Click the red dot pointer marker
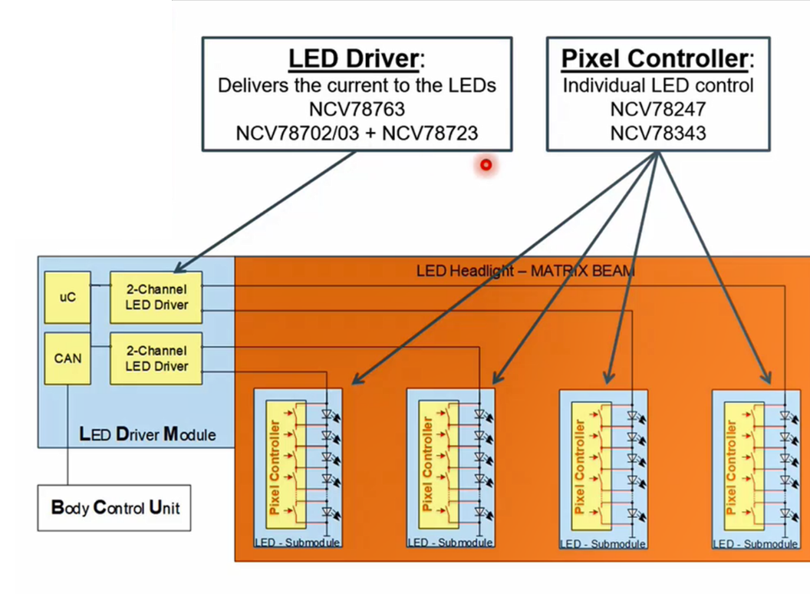pos(486,164)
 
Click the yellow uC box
pos(67,297)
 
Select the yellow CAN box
pos(67,358)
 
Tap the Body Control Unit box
pos(114,507)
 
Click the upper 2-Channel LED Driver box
pos(156,297)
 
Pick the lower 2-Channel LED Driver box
pos(156,358)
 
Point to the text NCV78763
pos(356,109)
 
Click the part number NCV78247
pos(657,109)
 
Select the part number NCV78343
pos(657,133)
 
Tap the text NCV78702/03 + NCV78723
pos(356,133)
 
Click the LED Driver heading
pos(352,59)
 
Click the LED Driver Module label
pos(147,434)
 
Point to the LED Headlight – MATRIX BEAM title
pos(525,270)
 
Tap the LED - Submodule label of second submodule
pos(450,543)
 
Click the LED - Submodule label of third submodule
pos(603,543)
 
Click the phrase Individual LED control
pos(657,85)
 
